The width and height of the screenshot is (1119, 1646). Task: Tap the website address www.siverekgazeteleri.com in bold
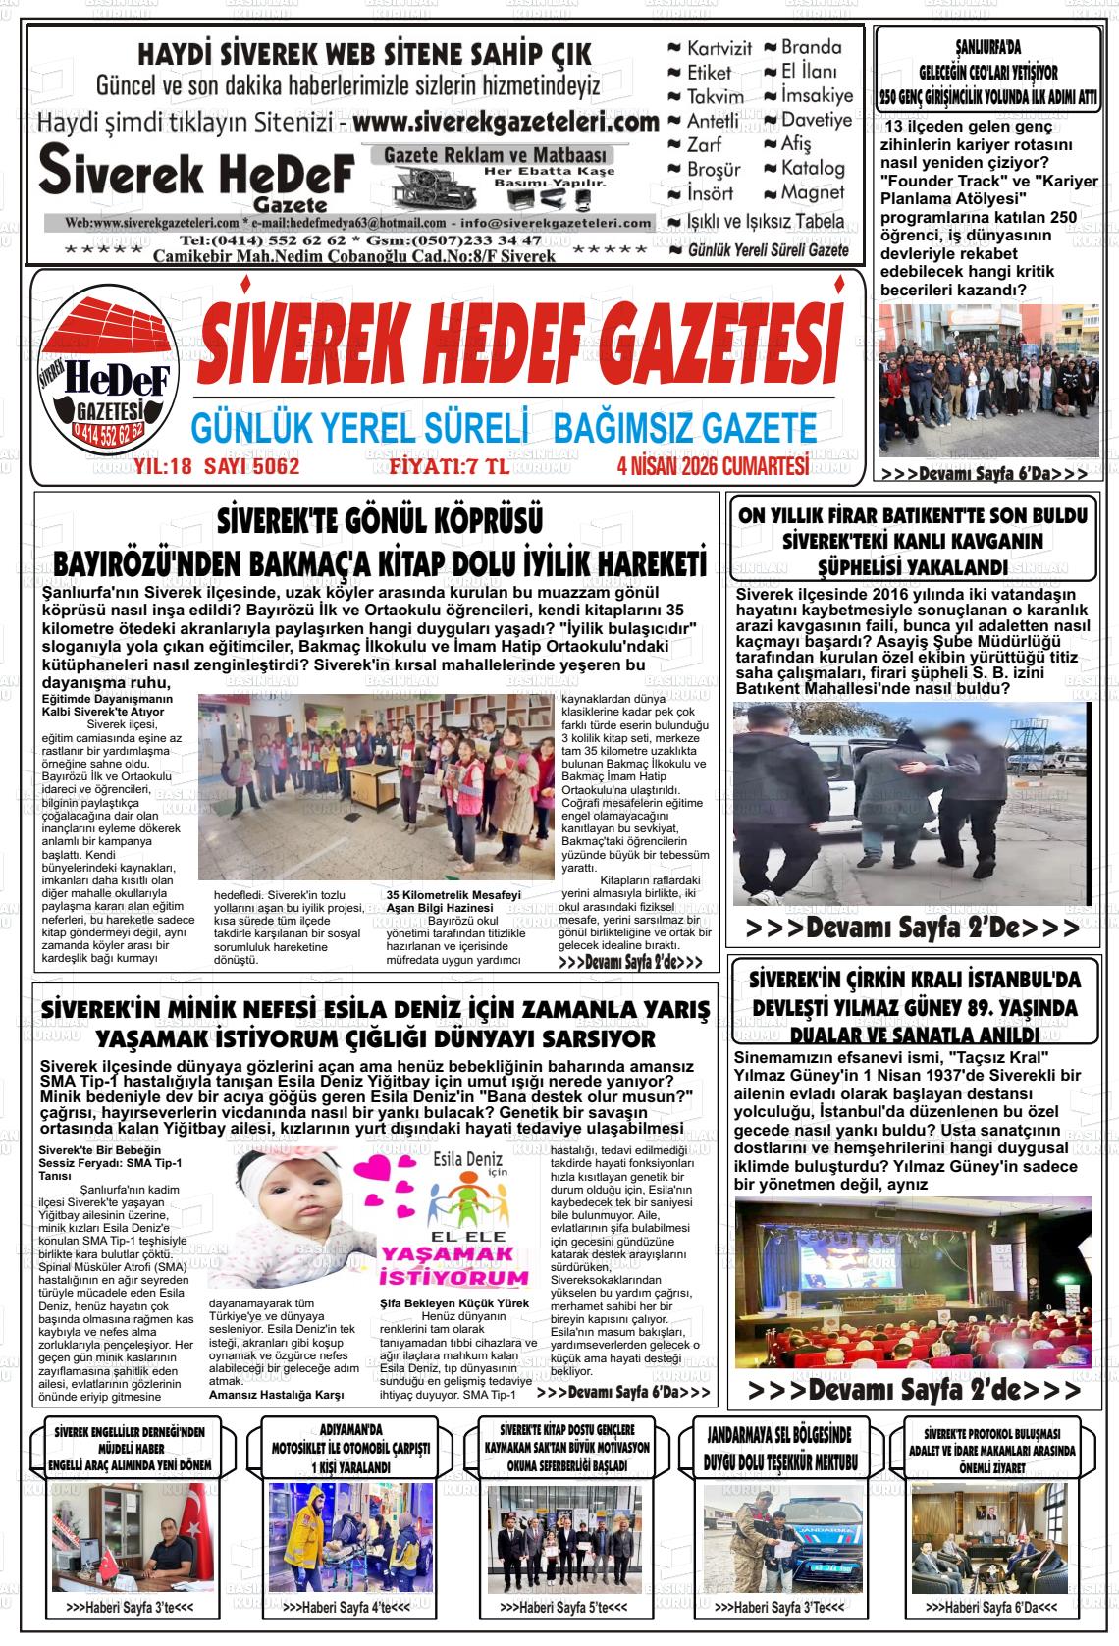point(505,124)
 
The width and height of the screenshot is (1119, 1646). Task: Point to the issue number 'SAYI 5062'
point(251,466)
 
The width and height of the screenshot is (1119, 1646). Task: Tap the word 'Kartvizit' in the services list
point(719,48)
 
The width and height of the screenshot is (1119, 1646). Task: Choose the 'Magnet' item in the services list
point(813,192)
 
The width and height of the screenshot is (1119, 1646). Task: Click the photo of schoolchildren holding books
point(375,788)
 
